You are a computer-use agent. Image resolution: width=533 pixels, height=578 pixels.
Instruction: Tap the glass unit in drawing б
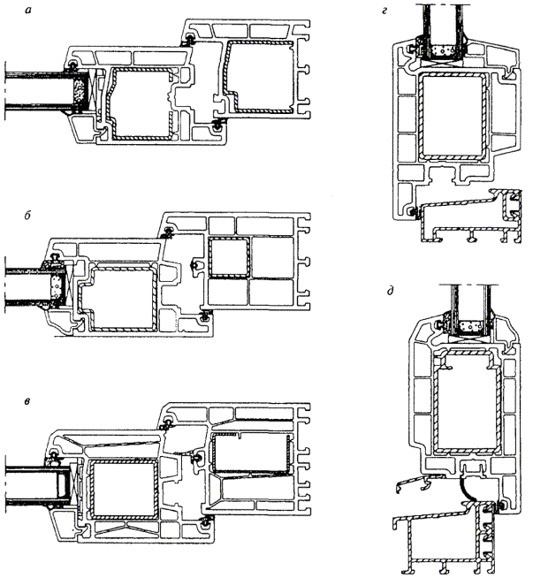coord(21,285)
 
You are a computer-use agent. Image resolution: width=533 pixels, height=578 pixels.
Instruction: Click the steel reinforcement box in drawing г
coord(454,116)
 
